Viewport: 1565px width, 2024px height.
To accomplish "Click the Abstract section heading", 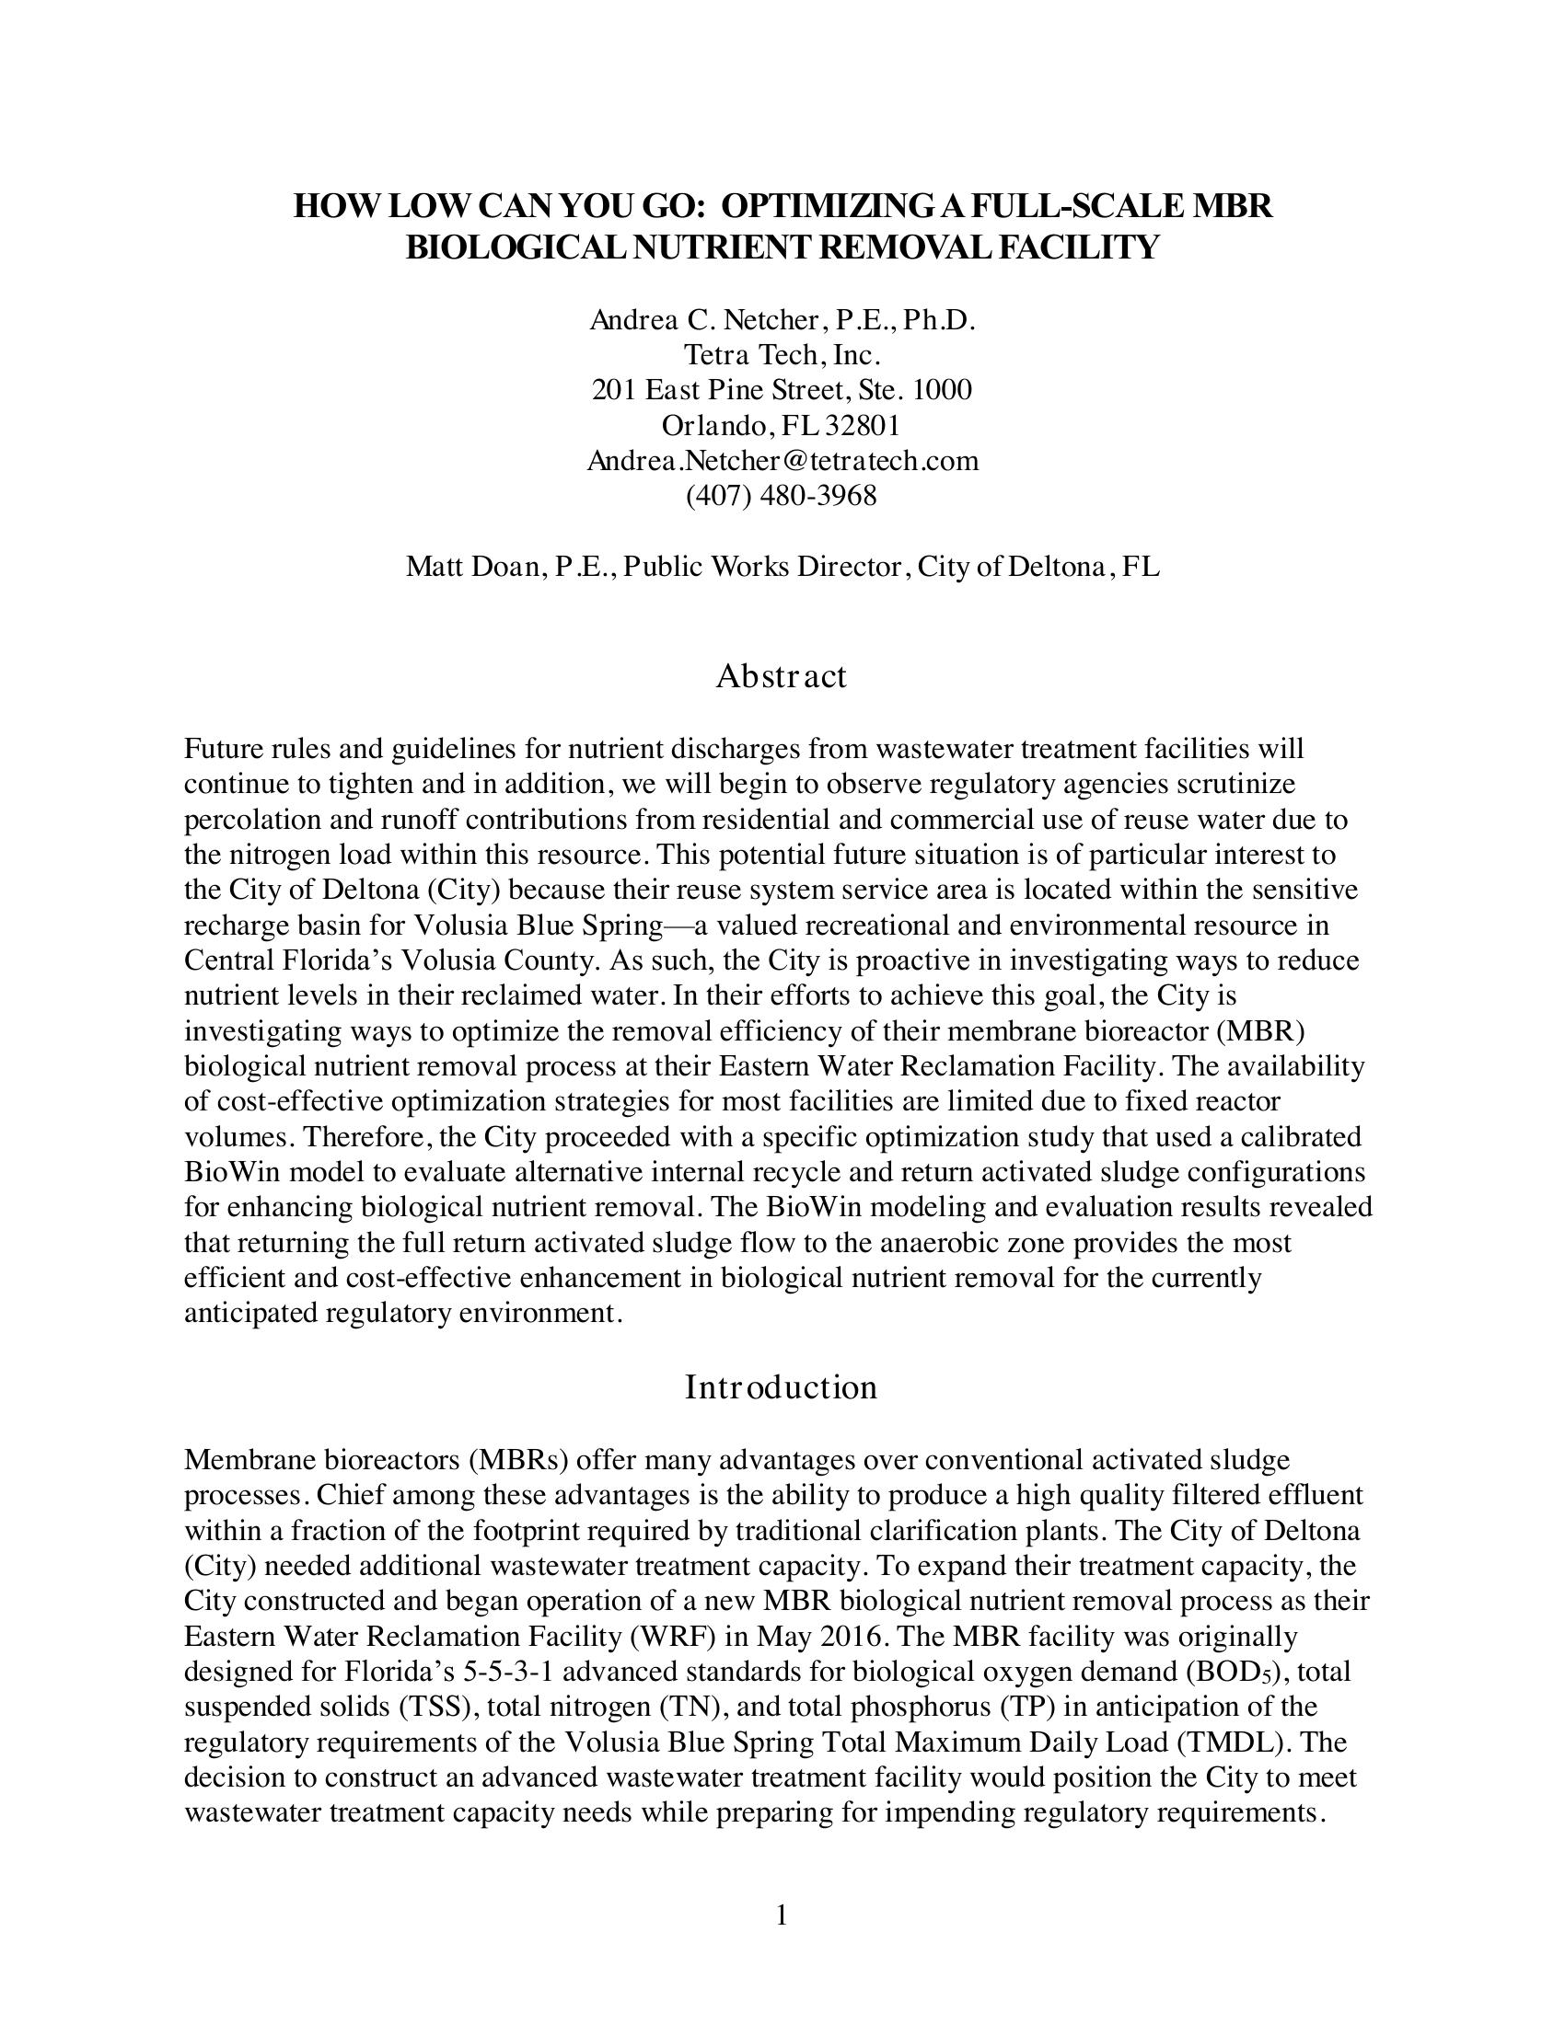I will [781, 676].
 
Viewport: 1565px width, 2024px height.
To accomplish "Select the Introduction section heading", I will [781, 1387].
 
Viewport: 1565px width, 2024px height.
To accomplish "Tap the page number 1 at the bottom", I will [782, 1915].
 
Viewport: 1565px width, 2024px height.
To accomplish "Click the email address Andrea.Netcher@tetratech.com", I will [782, 461].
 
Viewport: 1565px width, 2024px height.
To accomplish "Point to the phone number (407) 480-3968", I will [781, 496].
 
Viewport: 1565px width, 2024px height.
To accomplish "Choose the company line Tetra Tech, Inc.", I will [782, 354].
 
